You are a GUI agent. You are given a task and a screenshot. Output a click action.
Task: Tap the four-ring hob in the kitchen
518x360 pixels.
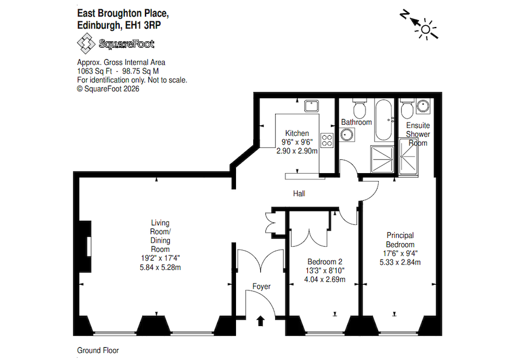pos(327,140)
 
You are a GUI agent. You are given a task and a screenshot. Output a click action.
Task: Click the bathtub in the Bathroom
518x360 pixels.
pos(383,121)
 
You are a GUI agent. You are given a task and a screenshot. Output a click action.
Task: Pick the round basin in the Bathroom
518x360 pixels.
pos(347,134)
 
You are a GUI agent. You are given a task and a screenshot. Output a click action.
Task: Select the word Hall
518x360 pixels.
pos(299,194)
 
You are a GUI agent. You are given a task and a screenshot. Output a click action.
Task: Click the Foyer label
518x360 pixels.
pos(261,286)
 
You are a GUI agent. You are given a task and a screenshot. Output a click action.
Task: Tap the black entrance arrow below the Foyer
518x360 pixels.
pos(261,320)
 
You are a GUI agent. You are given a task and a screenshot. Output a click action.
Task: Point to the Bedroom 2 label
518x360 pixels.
pos(326,260)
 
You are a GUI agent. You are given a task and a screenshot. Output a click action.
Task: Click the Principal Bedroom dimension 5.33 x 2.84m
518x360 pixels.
pos(400,262)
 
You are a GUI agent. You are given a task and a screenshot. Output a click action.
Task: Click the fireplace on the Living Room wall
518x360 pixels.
pos(87,246)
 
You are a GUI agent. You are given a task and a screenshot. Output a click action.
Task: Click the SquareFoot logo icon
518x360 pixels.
pos(86,44)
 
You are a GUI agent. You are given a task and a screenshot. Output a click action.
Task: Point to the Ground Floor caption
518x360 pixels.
pos(98,350)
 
